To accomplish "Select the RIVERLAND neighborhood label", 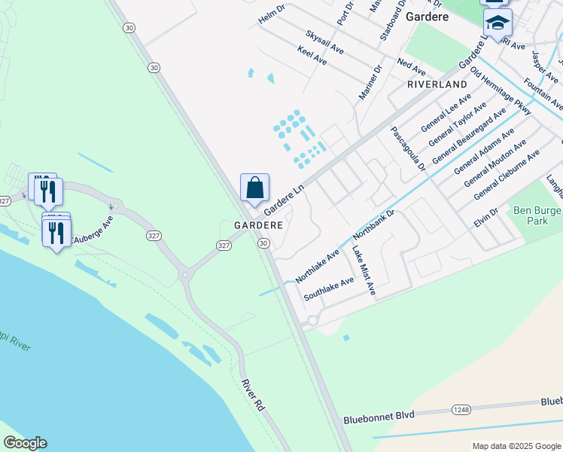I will pyautogui.click(x=437, y=84).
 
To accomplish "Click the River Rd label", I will pyautogui.click(x=252, y=395).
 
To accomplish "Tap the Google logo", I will pyautogui.click(x=25, y=443).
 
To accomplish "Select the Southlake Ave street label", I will pyautogui.click(x=328, y=289).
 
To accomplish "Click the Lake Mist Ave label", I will pyautogui.click(x=364, y=268).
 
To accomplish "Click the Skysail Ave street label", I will pyautogui.click(x=324, y=41).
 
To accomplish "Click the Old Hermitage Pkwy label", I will pyautogui.click(x=501, y=91).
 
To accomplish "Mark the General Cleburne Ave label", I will pyautogui.click(x=507, y=176).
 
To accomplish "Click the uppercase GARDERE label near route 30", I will pyautogui.click(x=258, y=225).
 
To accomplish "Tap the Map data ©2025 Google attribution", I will pyautogui.click(x=516, y=445).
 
